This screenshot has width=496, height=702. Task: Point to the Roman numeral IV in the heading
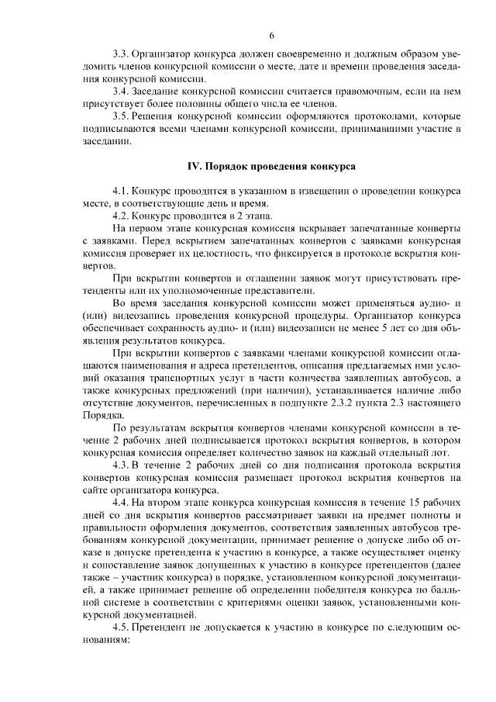(x=195, y=167)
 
